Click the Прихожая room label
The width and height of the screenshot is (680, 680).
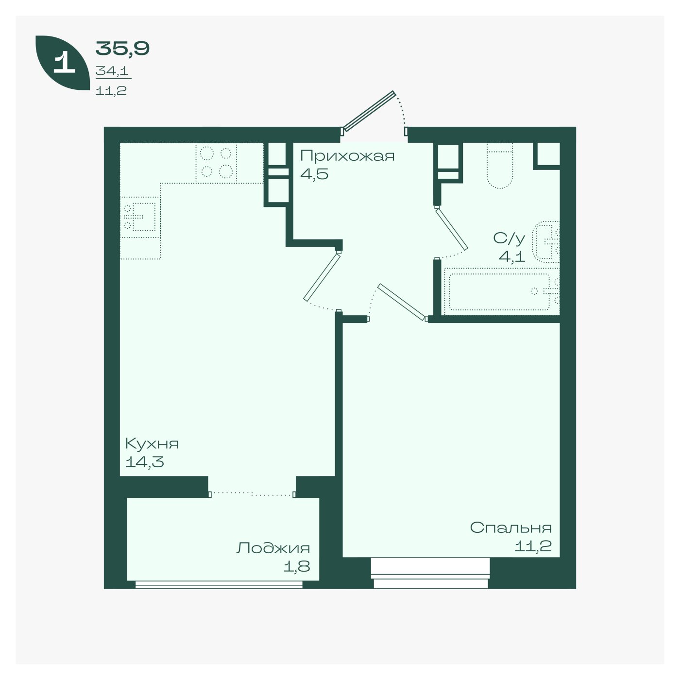point(347,155)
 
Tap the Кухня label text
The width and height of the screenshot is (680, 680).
point(152,443)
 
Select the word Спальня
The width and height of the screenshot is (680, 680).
point(511,527)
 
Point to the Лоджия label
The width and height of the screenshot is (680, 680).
point(273,548)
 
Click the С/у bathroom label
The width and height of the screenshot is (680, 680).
point(509,238)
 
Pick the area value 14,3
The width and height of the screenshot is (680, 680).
point(145,462)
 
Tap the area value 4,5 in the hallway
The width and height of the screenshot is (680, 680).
point(314,174)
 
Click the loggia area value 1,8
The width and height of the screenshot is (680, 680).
point(297,567)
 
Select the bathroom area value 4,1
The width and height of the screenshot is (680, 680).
point(511,256)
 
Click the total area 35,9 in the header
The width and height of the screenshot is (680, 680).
point(122,49)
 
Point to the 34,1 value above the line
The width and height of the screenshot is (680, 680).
point(112,71)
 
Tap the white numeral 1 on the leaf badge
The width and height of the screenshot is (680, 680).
point(64,63)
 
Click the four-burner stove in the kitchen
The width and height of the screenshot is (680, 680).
point(216,163)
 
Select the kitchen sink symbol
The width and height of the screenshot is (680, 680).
point(140,217)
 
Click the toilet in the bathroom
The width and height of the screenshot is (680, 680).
point(500,166)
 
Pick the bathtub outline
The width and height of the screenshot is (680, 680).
point(501,291)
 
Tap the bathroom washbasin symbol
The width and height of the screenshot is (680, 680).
point(546,242)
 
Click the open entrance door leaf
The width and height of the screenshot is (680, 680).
point(369,111)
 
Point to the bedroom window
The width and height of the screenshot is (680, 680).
point(430,573)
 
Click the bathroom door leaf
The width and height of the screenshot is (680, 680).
point(452,229)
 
